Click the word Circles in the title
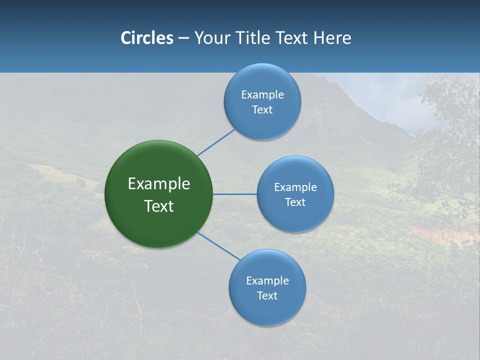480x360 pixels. (x=146, y=38)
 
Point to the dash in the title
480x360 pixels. (x=183, y=38)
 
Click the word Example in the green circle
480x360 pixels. (x=159, y=184)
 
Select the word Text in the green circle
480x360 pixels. (x=159, y=206)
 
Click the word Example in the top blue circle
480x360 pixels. (x=262, y=94)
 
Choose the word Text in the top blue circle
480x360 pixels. (x=262, y=110)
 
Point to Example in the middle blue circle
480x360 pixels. (x=295, y=187)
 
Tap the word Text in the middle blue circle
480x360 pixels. (x=295, y=202)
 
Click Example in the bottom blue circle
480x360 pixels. (x=267, y=280)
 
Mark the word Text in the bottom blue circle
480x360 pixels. (x=267, y=295)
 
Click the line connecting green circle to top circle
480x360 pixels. (x=216, y=142)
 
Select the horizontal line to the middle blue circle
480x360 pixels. (x=235, y=194)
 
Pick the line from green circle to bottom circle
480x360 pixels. (x=219, y=246)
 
